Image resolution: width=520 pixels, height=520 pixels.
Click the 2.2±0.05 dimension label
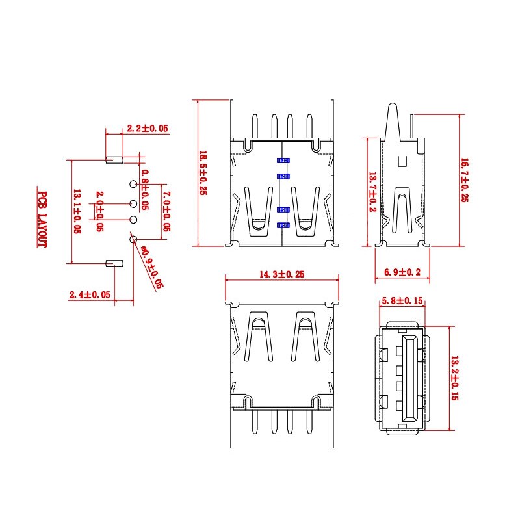(148, 129)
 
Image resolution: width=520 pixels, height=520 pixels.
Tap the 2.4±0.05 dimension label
(90, 294)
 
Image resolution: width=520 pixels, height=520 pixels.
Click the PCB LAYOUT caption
(42, 219)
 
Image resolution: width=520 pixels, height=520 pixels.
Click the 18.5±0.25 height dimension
(202, 173)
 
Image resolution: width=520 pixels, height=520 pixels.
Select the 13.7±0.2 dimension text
(372, 192)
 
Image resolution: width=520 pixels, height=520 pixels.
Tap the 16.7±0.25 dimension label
(464, 180)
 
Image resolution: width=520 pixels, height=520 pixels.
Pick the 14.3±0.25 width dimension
(281, 275)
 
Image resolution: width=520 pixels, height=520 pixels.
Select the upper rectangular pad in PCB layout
(114, 159)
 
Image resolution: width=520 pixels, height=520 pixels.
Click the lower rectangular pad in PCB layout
(114, 263)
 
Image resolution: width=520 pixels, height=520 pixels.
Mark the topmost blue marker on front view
(283, 161)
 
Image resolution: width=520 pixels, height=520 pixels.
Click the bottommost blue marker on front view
(283, 225)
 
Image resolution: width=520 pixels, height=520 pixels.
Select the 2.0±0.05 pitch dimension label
(99, 211)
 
